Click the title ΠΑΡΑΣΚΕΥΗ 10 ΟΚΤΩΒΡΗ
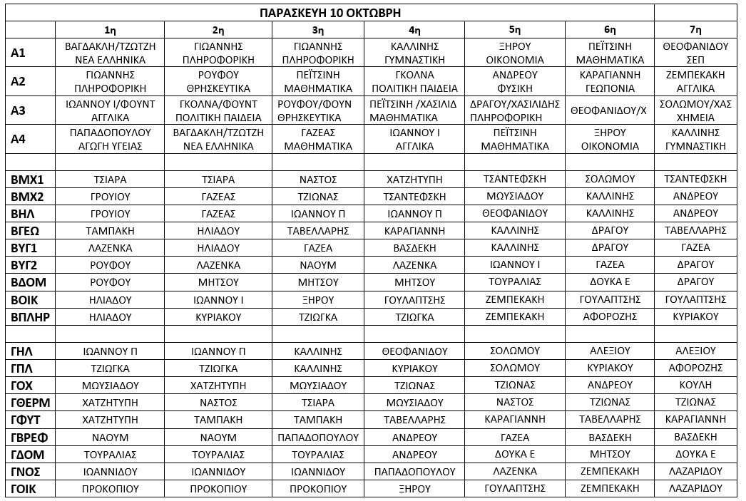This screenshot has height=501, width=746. click(329, 13)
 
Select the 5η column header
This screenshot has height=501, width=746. click(514, 30)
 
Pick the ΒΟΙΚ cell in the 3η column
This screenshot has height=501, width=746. click(318, 299)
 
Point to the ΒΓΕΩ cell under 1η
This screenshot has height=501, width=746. click(110, 230)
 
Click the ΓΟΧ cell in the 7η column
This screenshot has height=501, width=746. click(695, 385)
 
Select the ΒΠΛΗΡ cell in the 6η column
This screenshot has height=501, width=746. click(609, 316)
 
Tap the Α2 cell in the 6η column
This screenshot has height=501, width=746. click(609, 81)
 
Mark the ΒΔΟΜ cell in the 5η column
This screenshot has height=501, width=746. click(514, 282)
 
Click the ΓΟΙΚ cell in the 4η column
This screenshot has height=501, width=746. click(414, 489)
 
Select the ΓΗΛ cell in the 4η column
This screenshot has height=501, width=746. click(414, 351)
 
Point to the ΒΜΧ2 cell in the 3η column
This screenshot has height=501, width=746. click(318, 196)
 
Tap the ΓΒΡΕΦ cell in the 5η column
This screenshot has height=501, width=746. click(514, 437)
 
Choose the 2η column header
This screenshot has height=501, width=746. click(218, 30)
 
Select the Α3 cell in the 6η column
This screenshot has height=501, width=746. click(609, 110)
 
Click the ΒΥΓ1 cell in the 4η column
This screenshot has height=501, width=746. click(414, 247)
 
